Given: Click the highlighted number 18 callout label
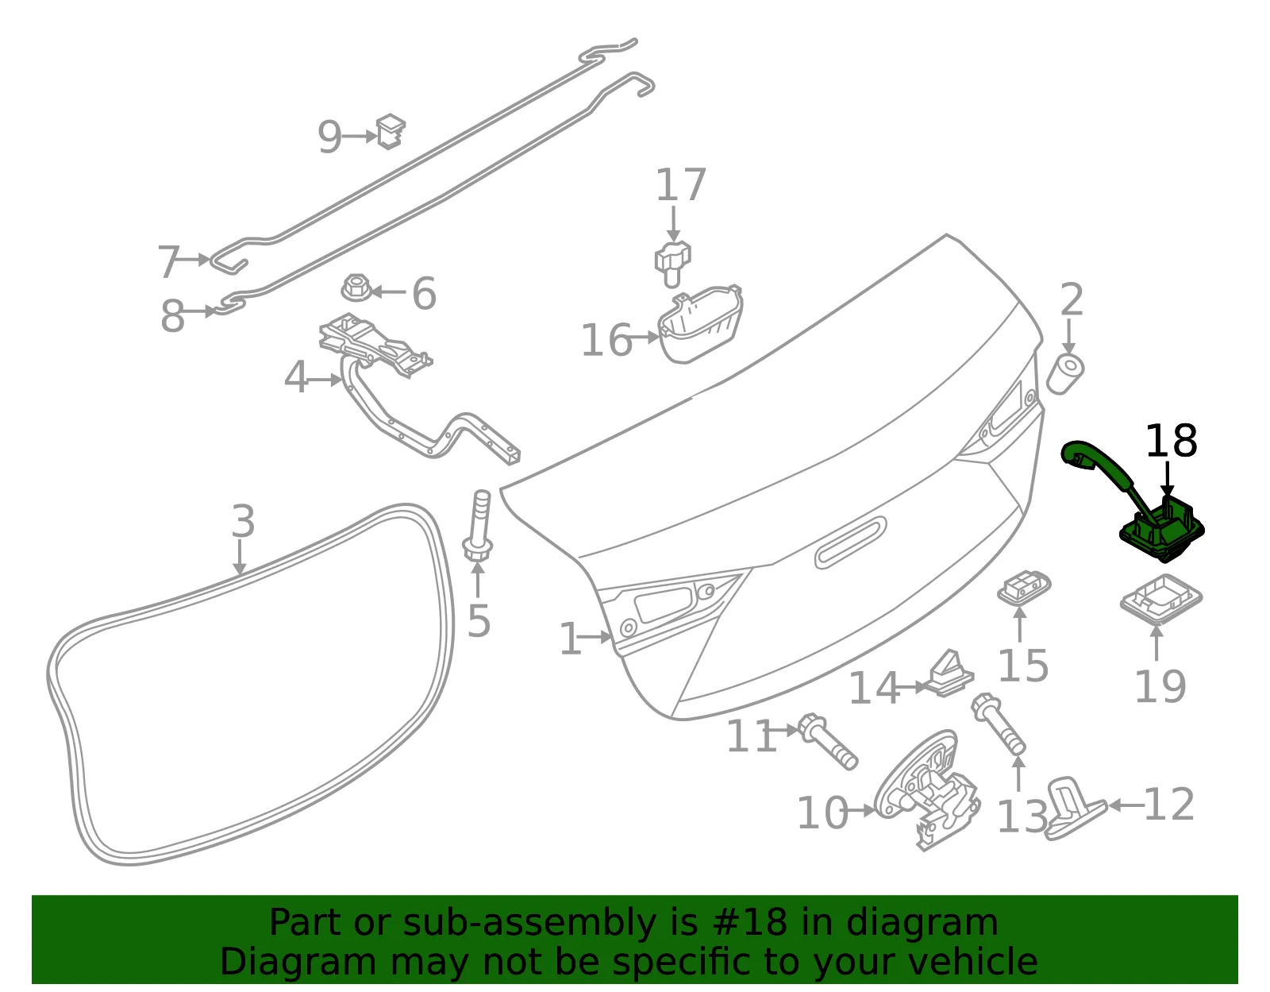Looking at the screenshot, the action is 1172,441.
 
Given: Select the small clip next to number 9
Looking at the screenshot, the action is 391,132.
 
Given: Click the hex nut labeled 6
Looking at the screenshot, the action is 356,288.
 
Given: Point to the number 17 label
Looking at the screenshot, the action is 681,185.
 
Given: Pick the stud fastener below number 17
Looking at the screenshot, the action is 672,264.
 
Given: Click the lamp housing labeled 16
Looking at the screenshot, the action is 700,324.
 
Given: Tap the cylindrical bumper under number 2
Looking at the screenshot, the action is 1065,374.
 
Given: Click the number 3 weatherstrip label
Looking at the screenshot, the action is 243,521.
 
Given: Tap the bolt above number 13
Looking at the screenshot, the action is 999,724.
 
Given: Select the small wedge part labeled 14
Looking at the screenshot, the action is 950,674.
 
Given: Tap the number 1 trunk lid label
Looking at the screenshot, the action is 571,639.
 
